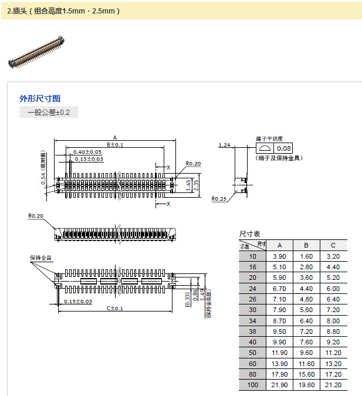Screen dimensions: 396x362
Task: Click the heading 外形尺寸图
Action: (x=40, y=99)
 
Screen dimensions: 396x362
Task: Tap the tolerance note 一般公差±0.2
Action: (x=49, y=112)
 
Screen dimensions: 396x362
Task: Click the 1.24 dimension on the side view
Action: (x=224, y=145)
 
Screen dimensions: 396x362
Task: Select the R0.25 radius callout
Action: (x=219, y=199)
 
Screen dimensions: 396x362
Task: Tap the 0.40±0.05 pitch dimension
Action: (x=87, y=152)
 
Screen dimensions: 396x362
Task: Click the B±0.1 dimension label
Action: (x=115, y=144)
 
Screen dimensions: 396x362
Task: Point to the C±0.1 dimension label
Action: (x=115, y=308)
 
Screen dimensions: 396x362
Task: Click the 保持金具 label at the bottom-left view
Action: (x=40, y=258)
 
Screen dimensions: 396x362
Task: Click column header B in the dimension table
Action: (x=306, y=245)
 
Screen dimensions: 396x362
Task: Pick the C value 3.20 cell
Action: (x=333, y=256)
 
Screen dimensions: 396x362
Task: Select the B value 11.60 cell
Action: (x=306, y=363)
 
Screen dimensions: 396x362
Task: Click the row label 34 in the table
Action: (x=252, y=320)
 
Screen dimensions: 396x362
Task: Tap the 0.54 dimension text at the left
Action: (x=43, y=175)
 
